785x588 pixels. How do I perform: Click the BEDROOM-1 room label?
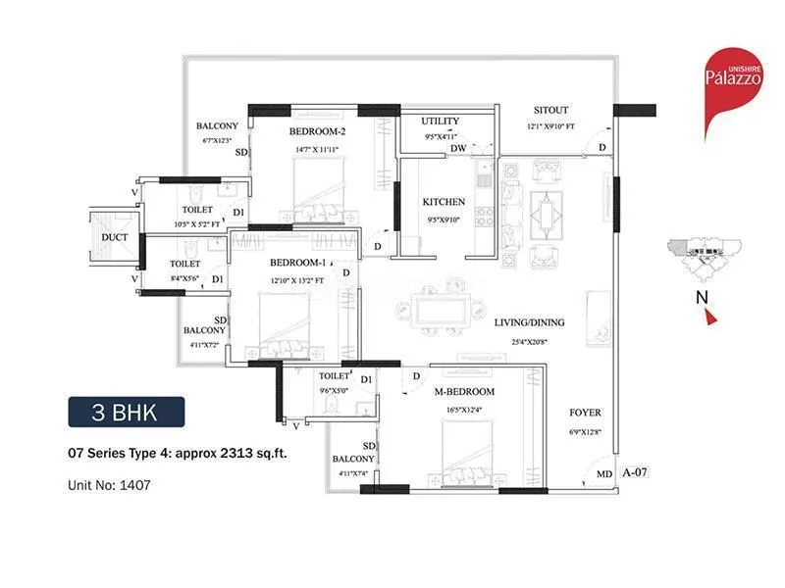click(x=297, y=263)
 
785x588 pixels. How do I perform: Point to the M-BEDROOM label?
click(x=464, y=392)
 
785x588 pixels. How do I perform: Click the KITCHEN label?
click(x=444, y=202)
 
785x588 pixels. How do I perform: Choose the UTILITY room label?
click(x=440, y=122)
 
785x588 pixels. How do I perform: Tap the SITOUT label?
click(x=550, y=110)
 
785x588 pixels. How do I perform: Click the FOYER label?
click(x=585, y=413)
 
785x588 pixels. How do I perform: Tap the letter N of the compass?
click(x=703, y=295)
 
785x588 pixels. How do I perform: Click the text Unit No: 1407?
click(x=111, y=484)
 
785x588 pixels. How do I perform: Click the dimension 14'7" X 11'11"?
click(x=317, y=149)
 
